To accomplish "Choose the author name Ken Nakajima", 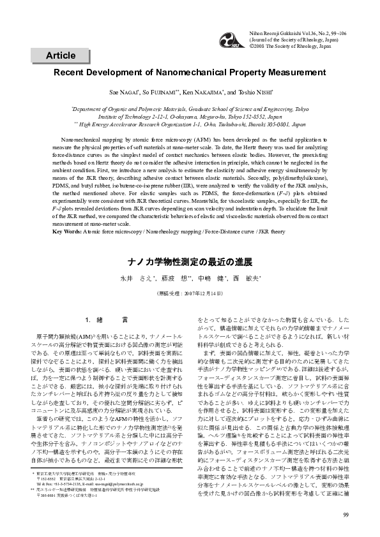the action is click(x=213, y=92).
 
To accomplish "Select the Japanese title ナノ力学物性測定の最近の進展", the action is click(x=190, y=261).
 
